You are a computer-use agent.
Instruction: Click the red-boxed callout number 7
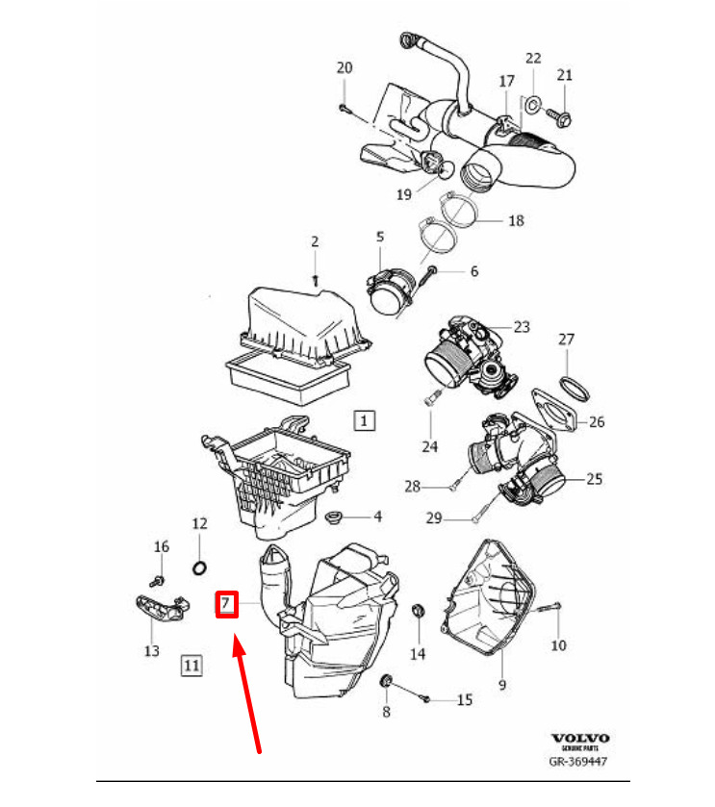(x=224, y=604)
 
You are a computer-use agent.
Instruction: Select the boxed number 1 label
(x=364, y=420)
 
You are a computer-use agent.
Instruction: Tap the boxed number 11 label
(x=191, y=664)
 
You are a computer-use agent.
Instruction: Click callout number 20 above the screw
(x=345, y=67)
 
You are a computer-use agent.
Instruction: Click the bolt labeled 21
(x=560, y=117)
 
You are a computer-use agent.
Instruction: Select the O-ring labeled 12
(x=199, y=567)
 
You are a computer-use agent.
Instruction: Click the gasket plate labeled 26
(x=557, y=415)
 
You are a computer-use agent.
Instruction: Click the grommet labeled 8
(x=387, y=681)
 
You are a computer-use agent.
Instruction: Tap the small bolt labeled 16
(x=159, y=580)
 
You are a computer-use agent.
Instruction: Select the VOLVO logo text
(x=580, y=740)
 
